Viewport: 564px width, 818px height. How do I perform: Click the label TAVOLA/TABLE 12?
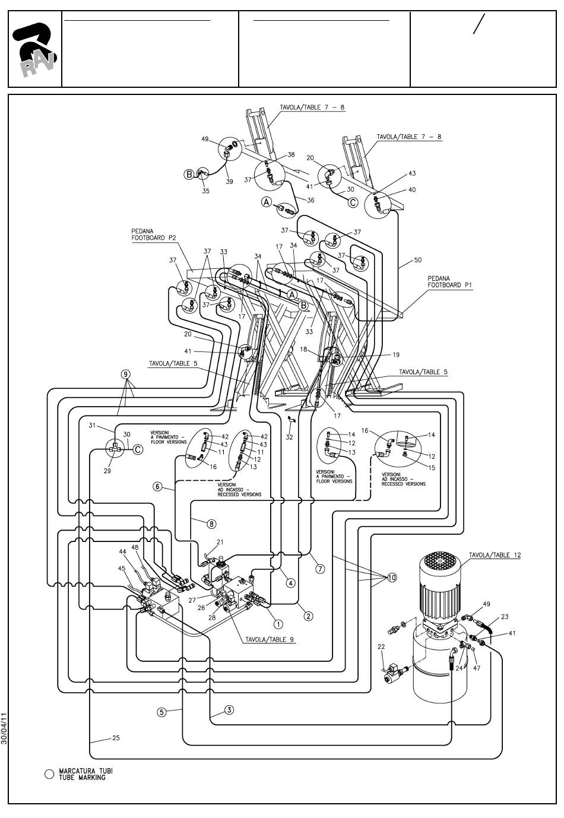coord(495,555)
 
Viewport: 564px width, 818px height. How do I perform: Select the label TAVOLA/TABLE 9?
coord(270,640)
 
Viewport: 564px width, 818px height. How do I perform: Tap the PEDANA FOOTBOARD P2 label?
coord(154,234)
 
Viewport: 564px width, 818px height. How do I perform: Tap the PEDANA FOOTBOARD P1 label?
coord(449,281)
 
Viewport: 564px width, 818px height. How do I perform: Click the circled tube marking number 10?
coord(391,577)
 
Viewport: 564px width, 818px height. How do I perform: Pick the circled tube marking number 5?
coord(161,712)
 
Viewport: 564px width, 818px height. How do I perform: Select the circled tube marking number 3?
coord(229,709)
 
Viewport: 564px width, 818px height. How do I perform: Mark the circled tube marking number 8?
coord(211,524)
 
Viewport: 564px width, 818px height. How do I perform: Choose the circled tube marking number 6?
coord(158,487)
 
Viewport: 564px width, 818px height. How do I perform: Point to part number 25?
coord(116,738)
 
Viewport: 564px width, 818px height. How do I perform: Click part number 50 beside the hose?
coord(418,261)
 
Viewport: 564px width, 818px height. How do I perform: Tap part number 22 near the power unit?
coord(381,646)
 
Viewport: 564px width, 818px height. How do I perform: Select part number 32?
coord(289,437)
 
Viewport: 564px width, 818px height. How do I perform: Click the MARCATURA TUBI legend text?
coord(85,774)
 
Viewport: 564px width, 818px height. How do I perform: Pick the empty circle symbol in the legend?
coord(49,774)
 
